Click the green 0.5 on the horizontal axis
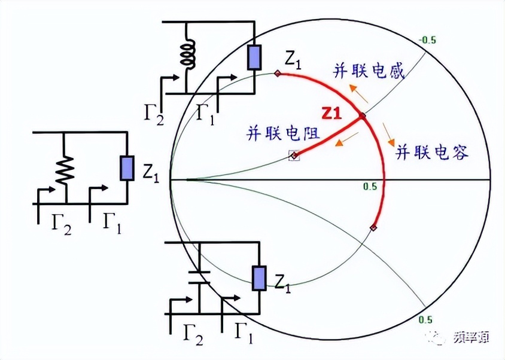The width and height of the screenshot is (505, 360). [x=370, y=187]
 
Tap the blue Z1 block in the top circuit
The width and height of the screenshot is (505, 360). [x=255, y=57]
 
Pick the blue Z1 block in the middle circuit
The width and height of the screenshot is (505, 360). [x=127, y=168]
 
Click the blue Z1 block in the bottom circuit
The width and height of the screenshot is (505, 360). [x=259, y=279]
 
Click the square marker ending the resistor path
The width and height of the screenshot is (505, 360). [x=294, y=155]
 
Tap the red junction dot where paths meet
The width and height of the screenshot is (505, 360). [x=362, y=115]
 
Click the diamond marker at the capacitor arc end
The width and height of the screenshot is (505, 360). [x=373, y=227]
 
